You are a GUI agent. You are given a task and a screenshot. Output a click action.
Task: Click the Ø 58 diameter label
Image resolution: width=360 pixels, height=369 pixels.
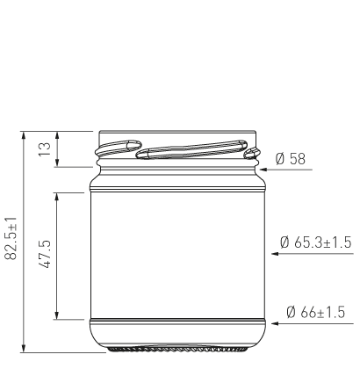pyautogui.click(x=291, y=159)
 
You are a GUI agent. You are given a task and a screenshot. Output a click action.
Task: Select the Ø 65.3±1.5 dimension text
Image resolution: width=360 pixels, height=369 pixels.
pyautogui.click(x=315, y=242)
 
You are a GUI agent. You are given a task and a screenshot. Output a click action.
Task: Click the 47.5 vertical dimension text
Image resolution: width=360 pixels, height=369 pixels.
pyautogui.click(x=47, y=254)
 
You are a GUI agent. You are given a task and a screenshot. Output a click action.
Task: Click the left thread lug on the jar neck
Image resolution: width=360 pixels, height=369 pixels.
pyautogui.click(x=118, y=145)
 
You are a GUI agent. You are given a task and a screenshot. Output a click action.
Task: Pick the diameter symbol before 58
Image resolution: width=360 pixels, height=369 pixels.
pyautogui.click(x=280, y=159)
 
